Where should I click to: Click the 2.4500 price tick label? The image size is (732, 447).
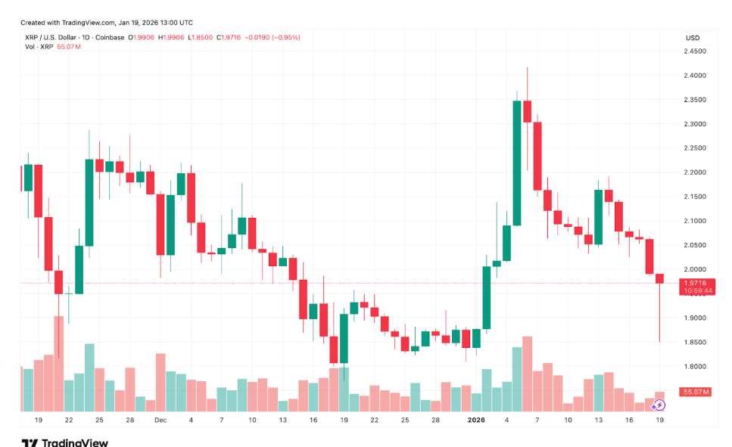695,51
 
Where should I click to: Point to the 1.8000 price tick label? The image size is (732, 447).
695,367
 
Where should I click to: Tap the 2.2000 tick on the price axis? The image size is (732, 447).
695,172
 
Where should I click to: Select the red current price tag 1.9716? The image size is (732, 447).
694,281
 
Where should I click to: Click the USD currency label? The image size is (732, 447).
692,38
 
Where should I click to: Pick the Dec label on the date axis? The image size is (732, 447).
160,419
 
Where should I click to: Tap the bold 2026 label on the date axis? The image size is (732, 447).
476,419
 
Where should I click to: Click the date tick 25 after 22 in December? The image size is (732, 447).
405,419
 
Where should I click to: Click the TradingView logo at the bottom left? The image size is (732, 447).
64,442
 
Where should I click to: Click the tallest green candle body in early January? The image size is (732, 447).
517,163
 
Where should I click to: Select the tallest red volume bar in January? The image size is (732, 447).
527,374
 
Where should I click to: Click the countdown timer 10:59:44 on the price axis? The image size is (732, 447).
694,290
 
